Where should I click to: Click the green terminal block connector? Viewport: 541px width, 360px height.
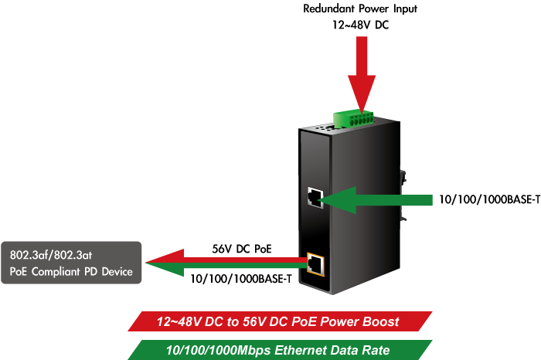[355, 118]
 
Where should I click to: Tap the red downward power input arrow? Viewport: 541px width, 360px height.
[361, 73]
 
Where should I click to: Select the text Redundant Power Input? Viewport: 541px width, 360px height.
[361, 9]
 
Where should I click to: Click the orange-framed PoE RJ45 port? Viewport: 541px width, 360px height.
[315, 263]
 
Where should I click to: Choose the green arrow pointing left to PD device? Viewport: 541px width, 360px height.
[224, 268]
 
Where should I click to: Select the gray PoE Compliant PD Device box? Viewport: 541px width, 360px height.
[71, 263]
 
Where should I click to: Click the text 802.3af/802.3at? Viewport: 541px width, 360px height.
[50, 254]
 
